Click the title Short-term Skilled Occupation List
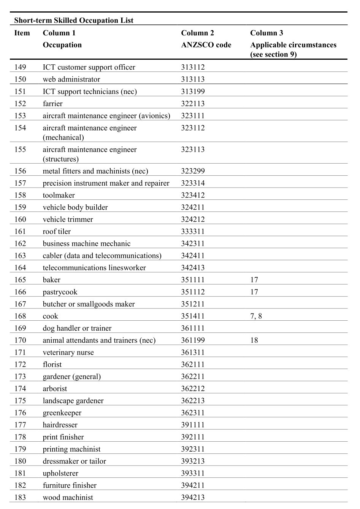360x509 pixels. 74,21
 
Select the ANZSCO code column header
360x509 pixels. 206,45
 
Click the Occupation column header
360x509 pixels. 62,45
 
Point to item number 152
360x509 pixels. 20,103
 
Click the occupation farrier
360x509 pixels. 52,103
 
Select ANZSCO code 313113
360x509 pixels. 193,79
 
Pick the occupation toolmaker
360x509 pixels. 59,195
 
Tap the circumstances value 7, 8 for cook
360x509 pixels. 256,316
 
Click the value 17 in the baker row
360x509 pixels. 254,280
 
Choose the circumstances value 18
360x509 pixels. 254,340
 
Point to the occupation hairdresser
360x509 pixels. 60,425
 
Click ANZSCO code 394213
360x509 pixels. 193,498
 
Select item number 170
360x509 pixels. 20,340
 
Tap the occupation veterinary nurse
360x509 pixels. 68,353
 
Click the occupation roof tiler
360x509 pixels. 57,232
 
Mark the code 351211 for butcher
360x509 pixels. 193,304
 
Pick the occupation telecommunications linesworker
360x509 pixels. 94,268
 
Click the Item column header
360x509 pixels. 22,33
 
